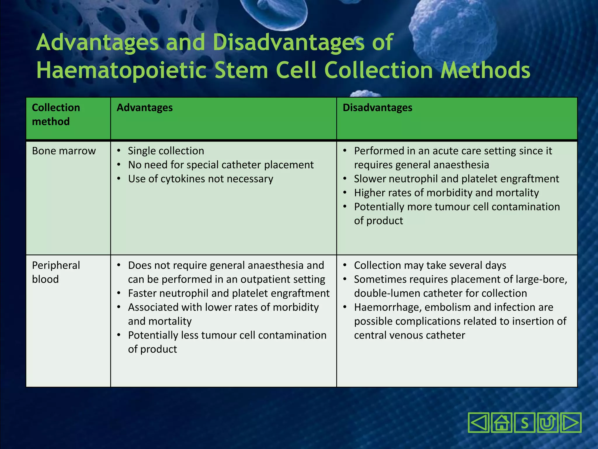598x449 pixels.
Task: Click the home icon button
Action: coord(501,423)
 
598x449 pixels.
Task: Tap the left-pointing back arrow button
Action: coord(479,423)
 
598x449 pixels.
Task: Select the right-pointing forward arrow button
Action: coord(570,423)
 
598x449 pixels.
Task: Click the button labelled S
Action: coord(524,423)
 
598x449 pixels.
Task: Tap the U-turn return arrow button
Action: coord(547,423)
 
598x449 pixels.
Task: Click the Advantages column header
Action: coord(145,108)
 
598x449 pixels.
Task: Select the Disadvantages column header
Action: coord(377,108)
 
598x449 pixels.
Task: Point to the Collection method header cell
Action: coord(56,115)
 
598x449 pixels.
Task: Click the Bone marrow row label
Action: coord(64,151)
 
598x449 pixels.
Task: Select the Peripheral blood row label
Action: coord(55,272)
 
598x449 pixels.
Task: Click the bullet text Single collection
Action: coord(166,151)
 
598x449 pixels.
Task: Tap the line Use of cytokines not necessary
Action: coord(201,179)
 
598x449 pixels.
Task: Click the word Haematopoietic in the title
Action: coord(121,70)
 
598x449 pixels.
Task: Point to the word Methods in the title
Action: coord(485,70)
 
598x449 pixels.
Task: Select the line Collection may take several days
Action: coord(430,265)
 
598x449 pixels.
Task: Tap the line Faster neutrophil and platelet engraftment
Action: coord(229,293)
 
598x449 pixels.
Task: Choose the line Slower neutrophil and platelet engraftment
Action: coord(456,179)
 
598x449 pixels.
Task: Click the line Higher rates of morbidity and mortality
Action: coord(446,193)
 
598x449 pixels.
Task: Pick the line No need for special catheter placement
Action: coord(221,165)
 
